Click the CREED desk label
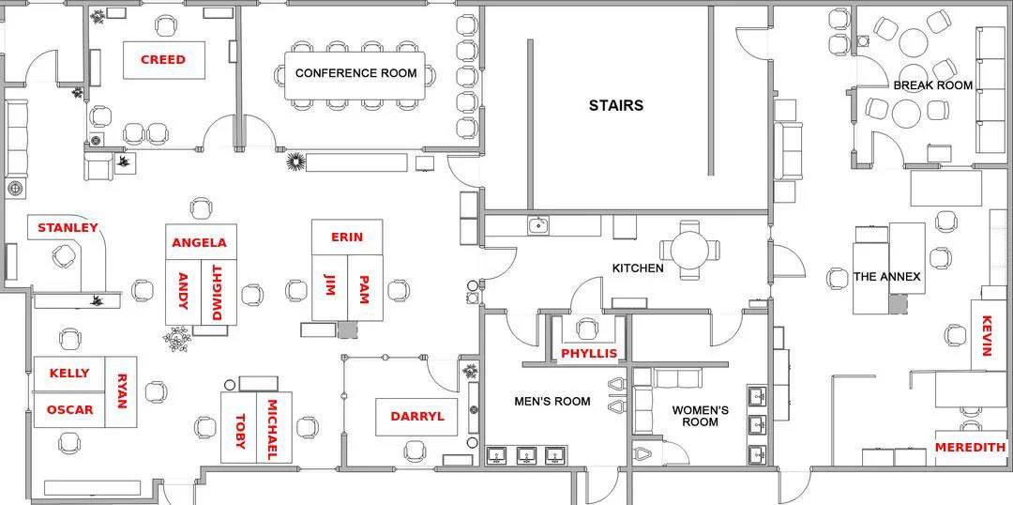pos(163,59)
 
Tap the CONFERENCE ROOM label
pos(356,73)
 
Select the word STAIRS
pos(615,105)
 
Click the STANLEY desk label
pos(68,227)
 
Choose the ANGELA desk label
pos(200,243)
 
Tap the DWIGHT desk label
pos(217,293)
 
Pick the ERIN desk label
pos(347,237)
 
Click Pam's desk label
pos(364,289)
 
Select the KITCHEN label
pos(638,268)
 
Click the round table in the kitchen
pos(690,250)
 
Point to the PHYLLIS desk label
pos(589,354)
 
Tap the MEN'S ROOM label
pos(552,402)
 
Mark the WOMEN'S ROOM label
pos(701,416)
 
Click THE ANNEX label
pos(886,277)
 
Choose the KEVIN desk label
pos(986,336)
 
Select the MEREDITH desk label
pos(971,447)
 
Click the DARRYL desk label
pos(417,417)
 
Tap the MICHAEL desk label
pos(272,430)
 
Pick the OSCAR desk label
pos(69,409)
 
